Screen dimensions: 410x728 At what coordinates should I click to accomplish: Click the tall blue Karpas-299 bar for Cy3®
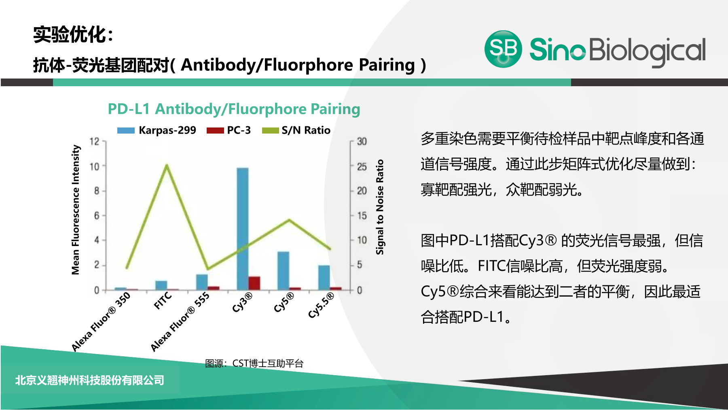(x=243, y=229)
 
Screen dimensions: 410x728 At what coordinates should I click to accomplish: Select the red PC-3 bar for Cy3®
(x=254, y=283)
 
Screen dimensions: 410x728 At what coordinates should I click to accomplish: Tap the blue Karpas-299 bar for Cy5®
(x=283, y=270)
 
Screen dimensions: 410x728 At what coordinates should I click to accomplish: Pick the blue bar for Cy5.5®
(x=324, y=277)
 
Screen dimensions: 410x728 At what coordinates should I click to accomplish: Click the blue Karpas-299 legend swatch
(x=126, y=130)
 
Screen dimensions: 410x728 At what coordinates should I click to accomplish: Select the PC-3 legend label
(x=239, y=130)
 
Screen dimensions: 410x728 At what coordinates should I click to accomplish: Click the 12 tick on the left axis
(x=94, y=141)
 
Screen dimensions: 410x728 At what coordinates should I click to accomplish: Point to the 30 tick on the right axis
(x=362, y=141)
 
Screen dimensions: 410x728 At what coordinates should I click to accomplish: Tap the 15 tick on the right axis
(x=362, y=216)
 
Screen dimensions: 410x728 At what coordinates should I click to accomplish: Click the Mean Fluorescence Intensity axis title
(x=76, y=210)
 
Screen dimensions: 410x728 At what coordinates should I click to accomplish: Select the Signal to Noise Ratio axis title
(x=380, y=207)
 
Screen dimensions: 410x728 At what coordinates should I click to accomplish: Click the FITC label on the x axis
(x=163, y=301)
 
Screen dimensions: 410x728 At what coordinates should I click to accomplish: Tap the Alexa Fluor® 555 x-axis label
(x=180, y=321)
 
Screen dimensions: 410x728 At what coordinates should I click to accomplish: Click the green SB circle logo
(x=503, y=49)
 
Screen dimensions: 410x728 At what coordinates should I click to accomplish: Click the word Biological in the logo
(x=647, y=51)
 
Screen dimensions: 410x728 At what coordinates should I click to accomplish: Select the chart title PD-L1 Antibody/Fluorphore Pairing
(x=234, y=109)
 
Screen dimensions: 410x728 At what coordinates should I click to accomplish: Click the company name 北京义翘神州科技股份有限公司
(x=90, y=380)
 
